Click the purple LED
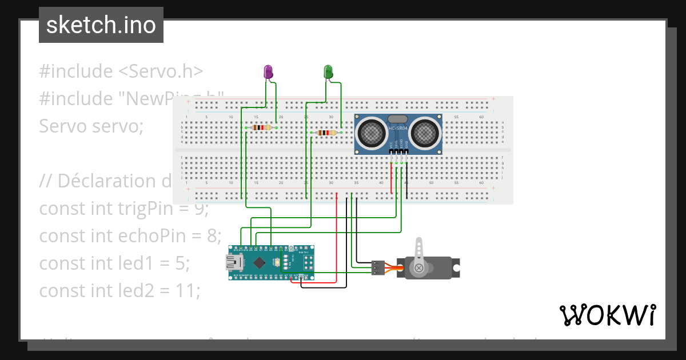coord(268,72)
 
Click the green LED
coord(328,72)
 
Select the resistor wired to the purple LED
coord(261,127)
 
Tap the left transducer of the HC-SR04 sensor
coord(370,133)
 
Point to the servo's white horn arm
coord(419,251)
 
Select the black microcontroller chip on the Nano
coord(260,262)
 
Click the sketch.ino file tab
coord(101,25)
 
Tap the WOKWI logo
coord(607,315)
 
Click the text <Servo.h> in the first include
coord(161,71)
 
